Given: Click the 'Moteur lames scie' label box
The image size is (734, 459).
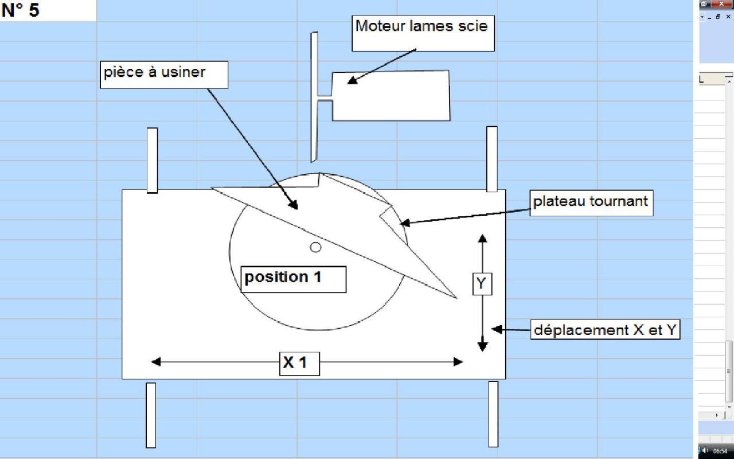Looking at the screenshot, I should coord(421,33).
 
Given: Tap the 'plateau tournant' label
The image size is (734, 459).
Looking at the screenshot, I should coord(591,203).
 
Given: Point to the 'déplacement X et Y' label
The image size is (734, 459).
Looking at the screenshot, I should coord(605,330).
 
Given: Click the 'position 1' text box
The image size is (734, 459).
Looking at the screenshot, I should coord(293,279).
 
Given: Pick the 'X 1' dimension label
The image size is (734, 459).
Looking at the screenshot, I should coord(299,363).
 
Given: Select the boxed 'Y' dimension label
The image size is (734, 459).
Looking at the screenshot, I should coord(482,283).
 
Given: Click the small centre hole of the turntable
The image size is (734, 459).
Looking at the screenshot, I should coord(315,247).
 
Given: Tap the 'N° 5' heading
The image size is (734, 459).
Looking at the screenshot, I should coord(21,10).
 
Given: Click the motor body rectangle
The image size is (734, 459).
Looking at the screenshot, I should coord(396,96).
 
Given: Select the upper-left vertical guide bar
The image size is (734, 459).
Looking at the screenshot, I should coord(152,160).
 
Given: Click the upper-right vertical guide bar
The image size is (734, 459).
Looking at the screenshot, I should coord(491,159).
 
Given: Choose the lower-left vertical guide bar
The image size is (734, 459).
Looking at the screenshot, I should coord(151,415).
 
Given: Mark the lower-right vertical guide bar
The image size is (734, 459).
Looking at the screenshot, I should coord(493,414).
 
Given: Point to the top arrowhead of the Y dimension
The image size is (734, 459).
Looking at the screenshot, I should coord(482,239).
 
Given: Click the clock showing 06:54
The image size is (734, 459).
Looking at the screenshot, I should coord(720,451).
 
